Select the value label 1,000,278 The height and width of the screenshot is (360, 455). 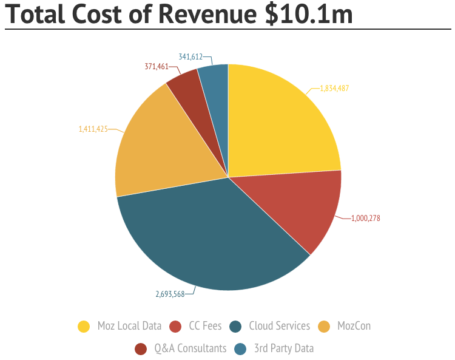coord(365,218)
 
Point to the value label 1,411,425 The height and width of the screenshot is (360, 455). coord(93,129)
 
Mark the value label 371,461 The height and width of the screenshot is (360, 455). coord(156,66)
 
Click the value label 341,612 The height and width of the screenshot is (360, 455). coord(190,56)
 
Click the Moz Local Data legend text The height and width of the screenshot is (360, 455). coord(129,326)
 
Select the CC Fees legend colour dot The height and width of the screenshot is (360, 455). coord(176,327)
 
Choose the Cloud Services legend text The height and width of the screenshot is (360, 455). coord(279,326)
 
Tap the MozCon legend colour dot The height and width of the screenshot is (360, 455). coord(325,327)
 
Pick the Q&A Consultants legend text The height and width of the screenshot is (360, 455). coord(190,348)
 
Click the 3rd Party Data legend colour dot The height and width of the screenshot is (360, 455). coord(240,348)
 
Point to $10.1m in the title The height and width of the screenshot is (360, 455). coord(309,15)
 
